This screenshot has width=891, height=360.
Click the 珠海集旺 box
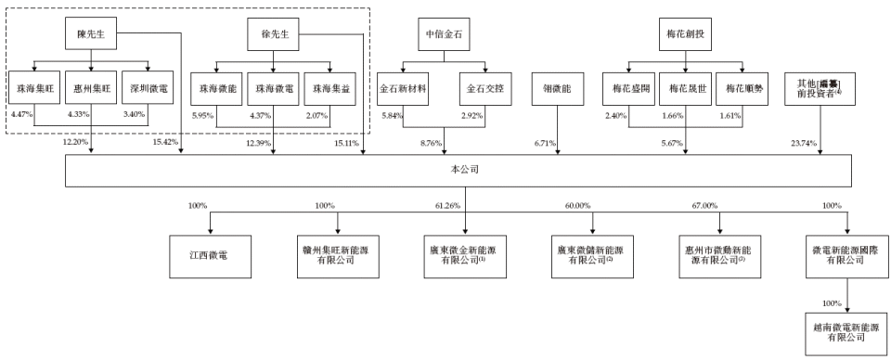[34, 90]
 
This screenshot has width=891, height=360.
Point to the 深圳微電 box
[148, 90]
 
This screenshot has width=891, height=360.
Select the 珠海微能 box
[215, 90]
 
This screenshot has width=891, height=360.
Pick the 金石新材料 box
[404, 90]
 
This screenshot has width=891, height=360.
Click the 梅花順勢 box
[742, 90]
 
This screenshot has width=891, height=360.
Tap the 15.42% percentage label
[163, 143]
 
